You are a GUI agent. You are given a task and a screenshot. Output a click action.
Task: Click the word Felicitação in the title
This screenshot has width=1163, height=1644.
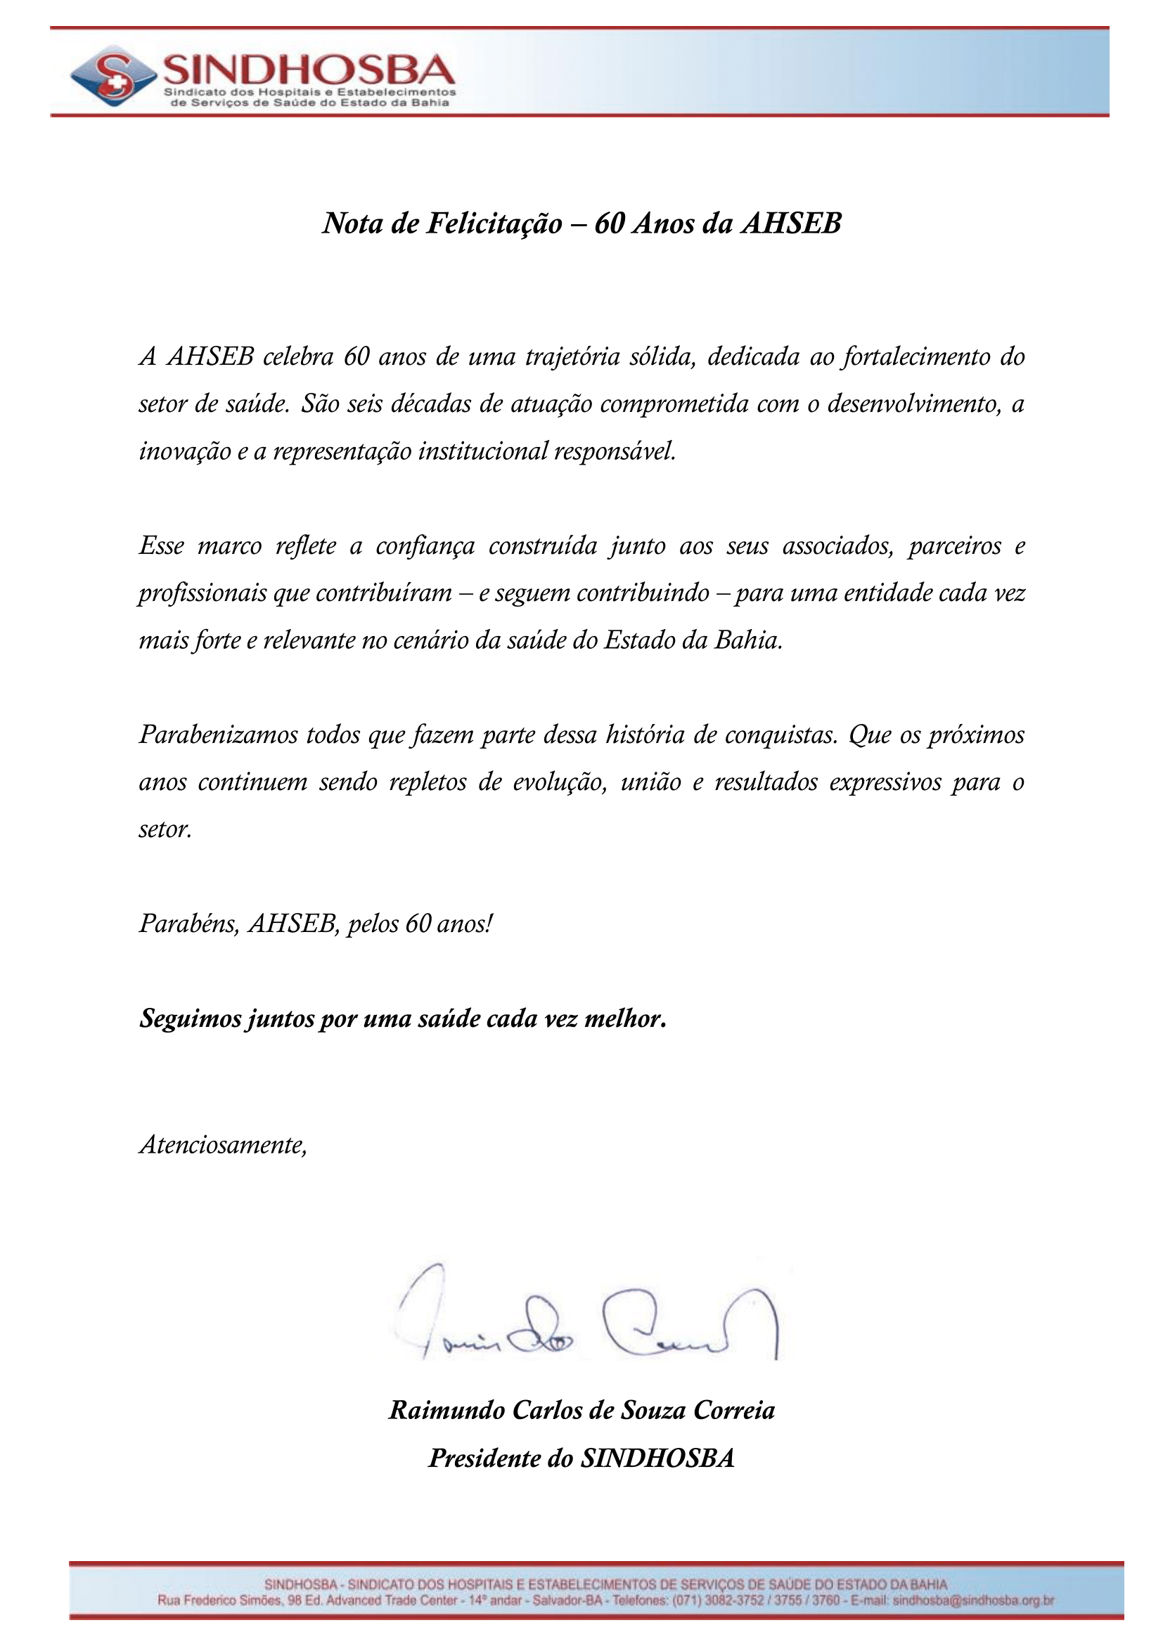click(495, 224)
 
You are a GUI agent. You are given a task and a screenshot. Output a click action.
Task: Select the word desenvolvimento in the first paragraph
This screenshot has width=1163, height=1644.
click(913, 404)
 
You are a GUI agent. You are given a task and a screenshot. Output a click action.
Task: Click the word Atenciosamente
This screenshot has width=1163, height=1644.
click(223, 1144)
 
